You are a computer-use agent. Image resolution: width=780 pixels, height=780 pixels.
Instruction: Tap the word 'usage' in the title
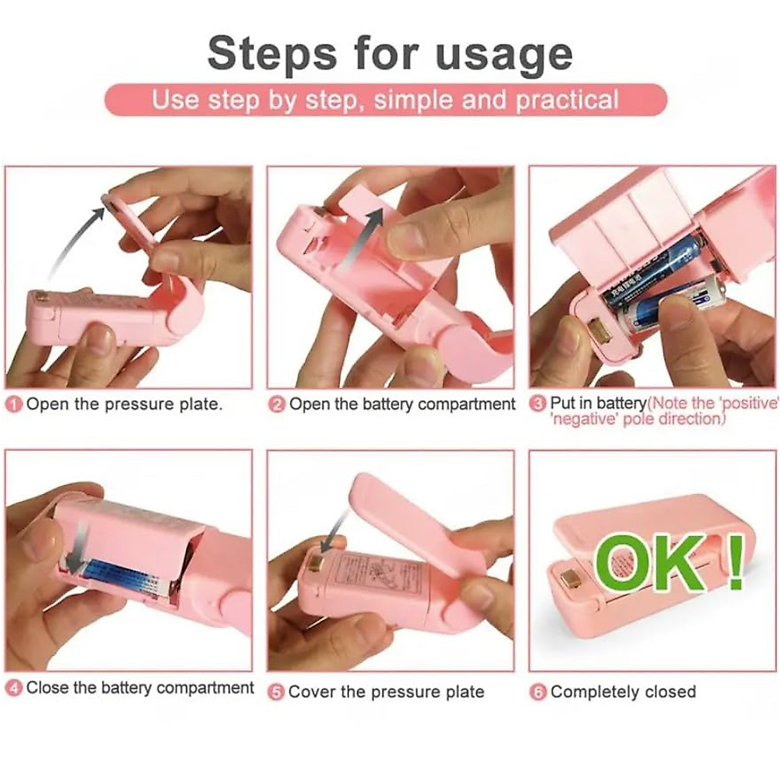[x=504, y=55]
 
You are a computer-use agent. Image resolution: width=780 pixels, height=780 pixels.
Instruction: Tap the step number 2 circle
[x=277, y=405]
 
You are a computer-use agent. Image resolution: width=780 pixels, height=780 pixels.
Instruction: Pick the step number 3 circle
[x=538, y=404]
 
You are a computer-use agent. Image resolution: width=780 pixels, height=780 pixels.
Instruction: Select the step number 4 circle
[x=15, y=688]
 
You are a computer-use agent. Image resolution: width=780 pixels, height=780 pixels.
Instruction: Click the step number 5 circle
[x=277, y=692]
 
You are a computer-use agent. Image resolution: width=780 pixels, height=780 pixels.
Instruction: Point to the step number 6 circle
[x=538, y=692]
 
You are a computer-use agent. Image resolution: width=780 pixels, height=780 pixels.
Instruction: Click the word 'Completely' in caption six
[x=591, y=692]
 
